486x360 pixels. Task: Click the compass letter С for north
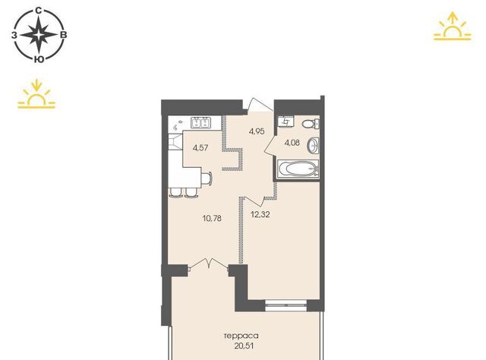pos(39,11)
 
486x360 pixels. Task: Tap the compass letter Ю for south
pos(39,60)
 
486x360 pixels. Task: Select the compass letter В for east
pos(63,35)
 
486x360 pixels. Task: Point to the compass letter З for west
pos(14,35)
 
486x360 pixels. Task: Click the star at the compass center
pos(39,35)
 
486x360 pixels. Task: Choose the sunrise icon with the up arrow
pos(453,27)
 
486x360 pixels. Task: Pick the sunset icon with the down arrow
pos(36,94)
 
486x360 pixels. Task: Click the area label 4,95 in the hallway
pos(257,131)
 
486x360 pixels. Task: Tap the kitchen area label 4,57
pos(200,148)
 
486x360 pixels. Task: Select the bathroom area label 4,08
pos(292,143)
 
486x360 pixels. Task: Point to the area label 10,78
pos(212,218)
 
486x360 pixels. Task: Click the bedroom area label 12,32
pos(260,214)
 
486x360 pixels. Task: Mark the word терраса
pos(241,336)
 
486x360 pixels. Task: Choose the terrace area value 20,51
pos(244,346)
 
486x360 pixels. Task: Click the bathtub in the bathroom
pos(298,169)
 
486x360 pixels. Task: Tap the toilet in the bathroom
pos(311,124)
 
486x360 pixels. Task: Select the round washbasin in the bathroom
pos(313,145)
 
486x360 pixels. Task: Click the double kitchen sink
pos(200,123)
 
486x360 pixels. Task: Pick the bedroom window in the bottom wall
pos(286,305)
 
